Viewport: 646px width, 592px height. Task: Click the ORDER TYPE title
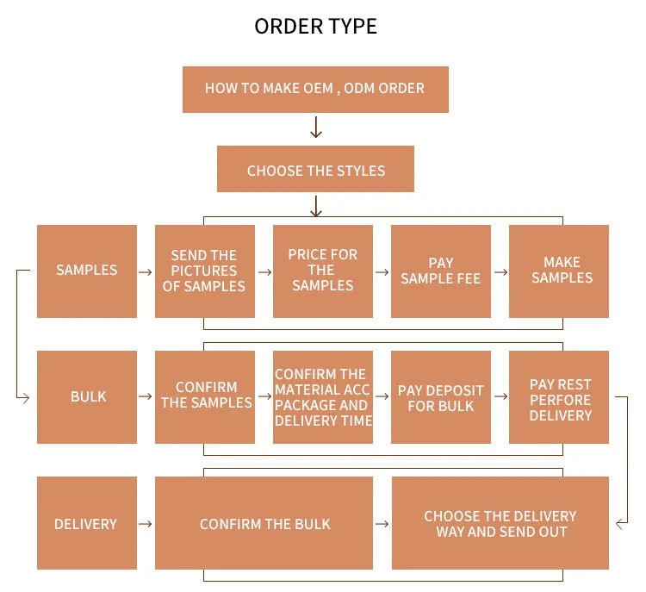[x=315, y=26]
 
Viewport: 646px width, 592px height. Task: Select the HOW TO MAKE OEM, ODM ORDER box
[x=315, y=88]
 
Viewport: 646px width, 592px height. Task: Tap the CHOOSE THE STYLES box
[x=315, y=169]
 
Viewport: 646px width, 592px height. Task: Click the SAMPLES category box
[x=87, y=271]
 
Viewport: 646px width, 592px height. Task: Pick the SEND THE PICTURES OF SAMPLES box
[x=204, y=271]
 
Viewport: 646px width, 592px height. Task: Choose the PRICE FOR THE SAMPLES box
[x=323, y=271]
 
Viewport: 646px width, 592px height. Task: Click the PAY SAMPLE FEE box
[x=440, y=271]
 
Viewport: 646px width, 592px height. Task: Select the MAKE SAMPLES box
[x=559, y=271]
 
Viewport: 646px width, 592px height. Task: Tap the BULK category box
[x=87, y=396]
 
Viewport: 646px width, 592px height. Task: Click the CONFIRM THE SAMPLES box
[x=204, y=396]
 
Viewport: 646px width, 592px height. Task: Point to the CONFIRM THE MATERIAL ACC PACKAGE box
[x=323, y=396]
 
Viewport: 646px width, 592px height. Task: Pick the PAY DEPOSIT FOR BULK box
[x=440, y=396]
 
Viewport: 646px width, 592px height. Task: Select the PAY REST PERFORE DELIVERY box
[x=559, y=396]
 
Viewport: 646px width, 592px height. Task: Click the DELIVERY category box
[x=87, y=523]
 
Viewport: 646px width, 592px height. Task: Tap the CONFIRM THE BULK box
[x=264, y=523]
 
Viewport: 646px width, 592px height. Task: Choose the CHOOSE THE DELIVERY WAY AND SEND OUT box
[x=500, y=523]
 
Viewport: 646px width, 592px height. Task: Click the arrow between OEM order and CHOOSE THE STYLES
[x=315, y=128]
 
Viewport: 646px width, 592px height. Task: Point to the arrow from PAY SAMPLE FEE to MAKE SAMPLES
[x=500, y=271]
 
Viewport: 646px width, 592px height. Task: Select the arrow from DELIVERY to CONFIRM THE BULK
[x=146, y=523]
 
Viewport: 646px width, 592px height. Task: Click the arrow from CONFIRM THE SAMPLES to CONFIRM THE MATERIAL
[x=264, y=396]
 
